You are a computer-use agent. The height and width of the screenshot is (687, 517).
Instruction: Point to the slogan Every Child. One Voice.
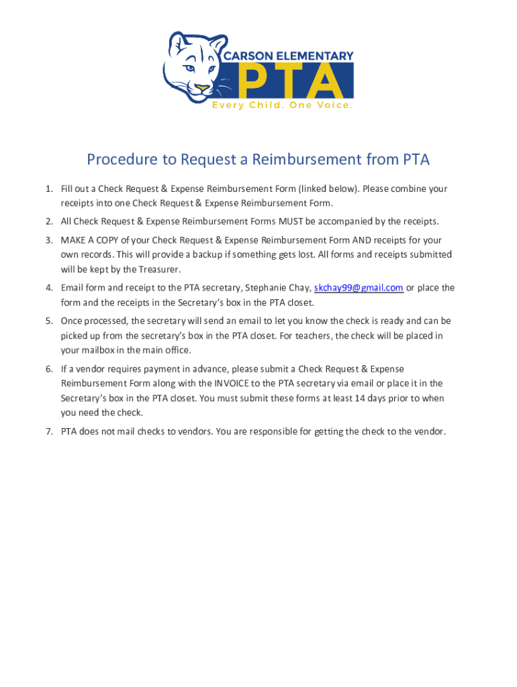(282, 105)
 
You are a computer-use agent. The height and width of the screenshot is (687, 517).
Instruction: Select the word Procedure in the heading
(117, 160)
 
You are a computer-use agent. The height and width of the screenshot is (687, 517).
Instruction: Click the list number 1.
(49, 189)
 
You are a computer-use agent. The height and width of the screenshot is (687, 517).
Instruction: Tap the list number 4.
(49, 288)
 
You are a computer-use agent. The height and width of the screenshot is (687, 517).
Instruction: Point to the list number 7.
(49, 431)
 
